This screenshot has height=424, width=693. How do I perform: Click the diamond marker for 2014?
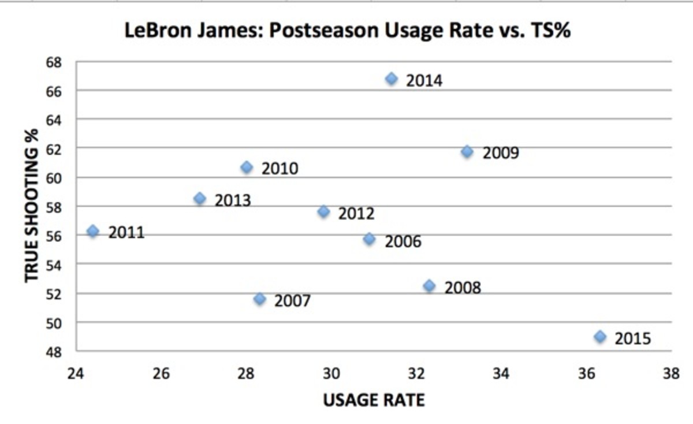(x=392, y=79)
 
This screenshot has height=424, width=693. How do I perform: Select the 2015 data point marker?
(x=600, y=337)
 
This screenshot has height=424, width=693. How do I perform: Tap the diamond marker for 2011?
(x=92, y=231)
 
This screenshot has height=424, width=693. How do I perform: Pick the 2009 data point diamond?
(x=467, y=151)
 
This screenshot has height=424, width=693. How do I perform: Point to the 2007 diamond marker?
(x=259, y=299)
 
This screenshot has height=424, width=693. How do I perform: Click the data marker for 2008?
(x=429, y=286)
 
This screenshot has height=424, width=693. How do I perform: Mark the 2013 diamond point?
(x=200, y=199)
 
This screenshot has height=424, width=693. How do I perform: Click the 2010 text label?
(x=280, y=169)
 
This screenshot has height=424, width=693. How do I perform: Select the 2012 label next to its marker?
(x=356, y=214)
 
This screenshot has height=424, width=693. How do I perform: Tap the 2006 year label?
(x=403, y=241)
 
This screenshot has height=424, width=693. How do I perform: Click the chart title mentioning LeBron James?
(x=348, y=31)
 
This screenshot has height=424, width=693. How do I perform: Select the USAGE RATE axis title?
(x=374, y=400)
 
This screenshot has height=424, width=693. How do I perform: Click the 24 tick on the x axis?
(x=76, y=374)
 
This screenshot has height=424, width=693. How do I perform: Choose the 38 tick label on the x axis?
(x=671, y=374)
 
